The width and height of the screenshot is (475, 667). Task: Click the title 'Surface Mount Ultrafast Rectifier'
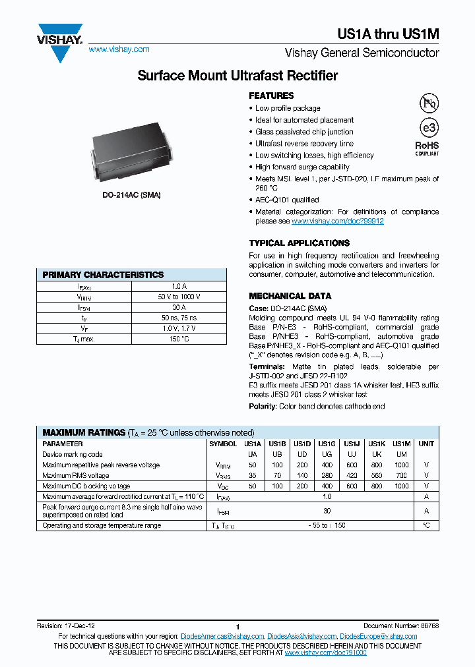click(237, 76)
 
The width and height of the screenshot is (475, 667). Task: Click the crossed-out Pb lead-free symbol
click(429, 103)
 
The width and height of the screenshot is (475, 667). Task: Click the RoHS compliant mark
click(427, 148)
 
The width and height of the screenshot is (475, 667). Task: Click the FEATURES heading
click(271, 96)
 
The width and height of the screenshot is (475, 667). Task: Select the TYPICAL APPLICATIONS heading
click(299, 243)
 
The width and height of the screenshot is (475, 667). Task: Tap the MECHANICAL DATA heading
click(290, 296)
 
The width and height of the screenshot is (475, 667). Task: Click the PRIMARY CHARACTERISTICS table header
click(103, 275)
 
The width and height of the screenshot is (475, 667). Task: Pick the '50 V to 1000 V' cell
click(179, 297)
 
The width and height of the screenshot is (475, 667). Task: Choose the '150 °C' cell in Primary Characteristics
click(179, 339)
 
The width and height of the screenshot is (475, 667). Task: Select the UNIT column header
click(426, 444)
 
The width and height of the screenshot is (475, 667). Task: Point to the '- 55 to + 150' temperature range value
click(327, 525)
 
